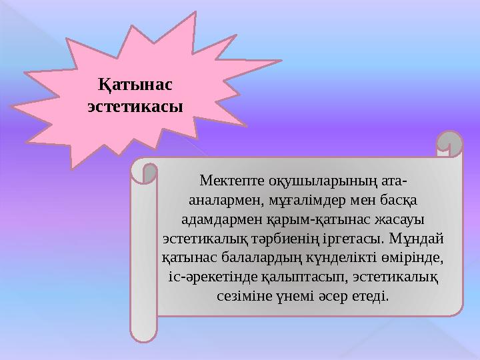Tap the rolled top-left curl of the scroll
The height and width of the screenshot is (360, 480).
[x=144, y=171]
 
